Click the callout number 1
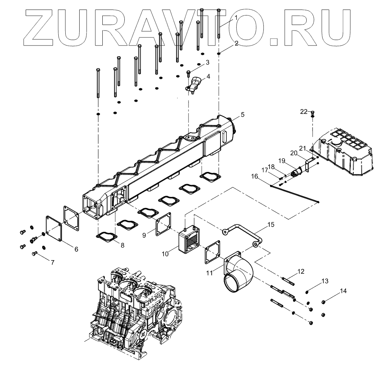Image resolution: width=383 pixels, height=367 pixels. (x=237, y=18)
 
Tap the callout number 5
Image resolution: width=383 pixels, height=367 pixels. (x=242, y=115)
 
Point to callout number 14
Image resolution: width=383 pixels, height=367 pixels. (x=343, y=291)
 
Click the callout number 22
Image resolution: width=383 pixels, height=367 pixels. (x=304, y=112)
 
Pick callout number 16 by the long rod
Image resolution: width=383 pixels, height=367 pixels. (x=255, y=177)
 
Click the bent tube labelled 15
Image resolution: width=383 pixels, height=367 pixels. (x=242, y=235)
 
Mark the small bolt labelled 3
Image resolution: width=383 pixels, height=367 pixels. (x=189, y=73)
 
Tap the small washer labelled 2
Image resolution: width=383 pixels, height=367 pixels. (x=219, y=54)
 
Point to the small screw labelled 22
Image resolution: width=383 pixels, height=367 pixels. (x=313, y=114)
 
